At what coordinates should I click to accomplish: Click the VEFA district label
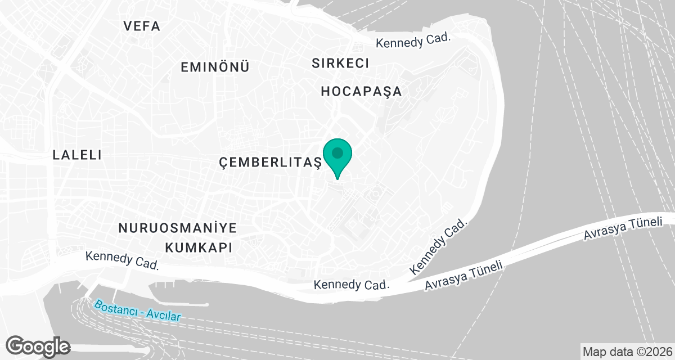[142, 26]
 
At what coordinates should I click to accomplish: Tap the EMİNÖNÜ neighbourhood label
[215, 67]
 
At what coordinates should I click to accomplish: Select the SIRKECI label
[340, 63]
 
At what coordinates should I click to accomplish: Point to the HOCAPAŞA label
[362, 91]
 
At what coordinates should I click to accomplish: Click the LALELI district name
[77, 155]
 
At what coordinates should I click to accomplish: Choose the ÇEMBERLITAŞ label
[270, 163]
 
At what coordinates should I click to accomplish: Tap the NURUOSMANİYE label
[177, 228]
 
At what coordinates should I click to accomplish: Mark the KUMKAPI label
[197, 247]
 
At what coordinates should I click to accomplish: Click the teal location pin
[337, 158]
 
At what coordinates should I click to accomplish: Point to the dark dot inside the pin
[337, 152]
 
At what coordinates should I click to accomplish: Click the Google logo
[38, 345]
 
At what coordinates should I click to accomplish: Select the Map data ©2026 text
[627, 352]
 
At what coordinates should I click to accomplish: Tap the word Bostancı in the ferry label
[114, 308]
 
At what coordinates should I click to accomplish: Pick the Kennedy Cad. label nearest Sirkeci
[414, 40]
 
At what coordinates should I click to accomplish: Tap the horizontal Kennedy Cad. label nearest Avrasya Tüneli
[352, 285]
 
